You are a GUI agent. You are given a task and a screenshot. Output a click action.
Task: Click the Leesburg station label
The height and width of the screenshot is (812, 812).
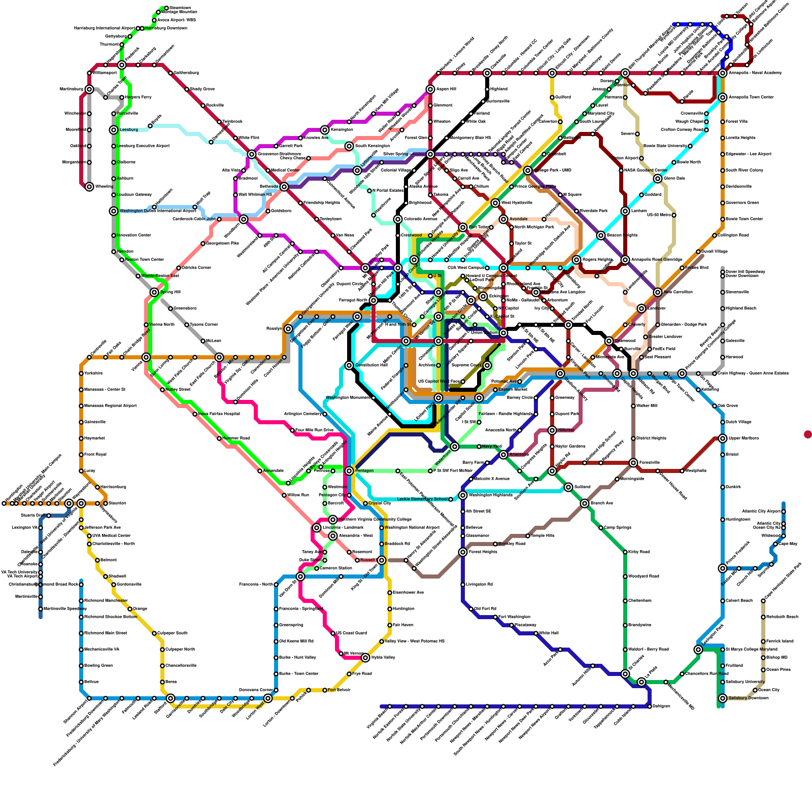tap(129, 130)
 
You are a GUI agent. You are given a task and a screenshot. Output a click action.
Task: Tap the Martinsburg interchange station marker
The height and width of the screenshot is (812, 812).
tap(89, 89)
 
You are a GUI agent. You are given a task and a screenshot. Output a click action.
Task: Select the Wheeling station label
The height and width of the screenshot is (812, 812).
tap(105, 187)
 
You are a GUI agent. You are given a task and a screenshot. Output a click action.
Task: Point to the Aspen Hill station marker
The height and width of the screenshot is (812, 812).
tap(430, 89)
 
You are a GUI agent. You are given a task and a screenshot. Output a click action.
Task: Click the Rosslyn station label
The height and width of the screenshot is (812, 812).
tap(274, 329)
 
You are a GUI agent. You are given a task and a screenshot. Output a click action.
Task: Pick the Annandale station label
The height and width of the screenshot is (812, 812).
tap(274, 471)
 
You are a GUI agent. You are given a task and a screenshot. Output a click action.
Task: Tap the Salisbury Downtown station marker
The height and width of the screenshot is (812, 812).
tap(723, 698)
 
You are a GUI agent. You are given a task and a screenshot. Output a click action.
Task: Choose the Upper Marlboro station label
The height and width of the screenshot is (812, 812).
tap(743, 438)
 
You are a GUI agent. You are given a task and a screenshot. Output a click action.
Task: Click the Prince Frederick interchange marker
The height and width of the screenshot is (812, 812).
tap(723, 568)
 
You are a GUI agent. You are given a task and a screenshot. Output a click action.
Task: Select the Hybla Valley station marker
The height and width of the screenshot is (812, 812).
tap(365, 658)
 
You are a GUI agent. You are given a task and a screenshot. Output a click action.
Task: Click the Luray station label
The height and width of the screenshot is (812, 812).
tap(90, 471)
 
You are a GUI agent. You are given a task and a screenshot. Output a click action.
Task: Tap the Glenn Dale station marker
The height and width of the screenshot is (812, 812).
tap(658, 179)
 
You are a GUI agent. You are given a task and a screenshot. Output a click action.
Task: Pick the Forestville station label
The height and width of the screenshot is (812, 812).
tap(649, 463)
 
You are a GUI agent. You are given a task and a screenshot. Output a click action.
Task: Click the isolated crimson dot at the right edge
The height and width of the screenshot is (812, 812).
tap(807, 434)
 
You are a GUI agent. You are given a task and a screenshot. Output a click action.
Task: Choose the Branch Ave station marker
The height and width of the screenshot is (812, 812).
tap(585, 503)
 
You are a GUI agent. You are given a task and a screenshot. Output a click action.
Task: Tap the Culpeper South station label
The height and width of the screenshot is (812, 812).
tap(172, 633)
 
